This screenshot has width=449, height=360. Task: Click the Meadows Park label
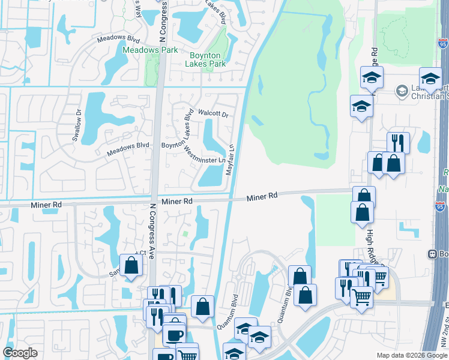[150, 50]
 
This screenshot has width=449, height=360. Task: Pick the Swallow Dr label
[77, 124]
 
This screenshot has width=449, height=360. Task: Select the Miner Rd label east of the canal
[262, 196]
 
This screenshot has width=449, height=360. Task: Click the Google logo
[20, 353]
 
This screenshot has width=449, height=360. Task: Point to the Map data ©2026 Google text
[411, 355]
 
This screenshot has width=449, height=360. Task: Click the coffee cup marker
[175, 334]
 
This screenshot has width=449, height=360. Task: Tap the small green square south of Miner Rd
[185, 234]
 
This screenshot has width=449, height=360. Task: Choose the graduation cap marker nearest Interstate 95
[430, 79]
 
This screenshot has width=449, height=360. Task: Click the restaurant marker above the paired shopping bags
[398, 142]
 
